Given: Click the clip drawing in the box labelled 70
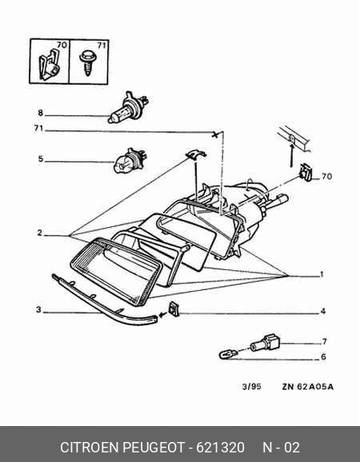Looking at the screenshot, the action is tap(49, 66).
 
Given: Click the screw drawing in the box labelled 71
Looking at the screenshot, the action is tap(86, 62).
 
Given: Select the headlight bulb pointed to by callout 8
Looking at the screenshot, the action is tap(128, 108).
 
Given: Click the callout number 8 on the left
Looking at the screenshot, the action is tap(40, 113).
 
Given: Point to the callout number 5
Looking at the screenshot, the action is tap(40, 159).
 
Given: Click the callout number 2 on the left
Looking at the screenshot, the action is tap(40, 233).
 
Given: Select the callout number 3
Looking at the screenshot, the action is tap(38, 309).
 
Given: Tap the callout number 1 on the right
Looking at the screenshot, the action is tap(322, 274).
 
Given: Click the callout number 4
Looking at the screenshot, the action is tap(323, 311).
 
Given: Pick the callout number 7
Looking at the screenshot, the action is tap(324, 341).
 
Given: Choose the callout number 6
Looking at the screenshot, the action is tap(323, 356).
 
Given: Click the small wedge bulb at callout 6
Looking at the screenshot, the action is tap(228, 353).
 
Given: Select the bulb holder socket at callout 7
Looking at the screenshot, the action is tap(265, 343).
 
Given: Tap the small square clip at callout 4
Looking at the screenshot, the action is tap(174, 309).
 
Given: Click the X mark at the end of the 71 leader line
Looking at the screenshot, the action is tap(215, 134).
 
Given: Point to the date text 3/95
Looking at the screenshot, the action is tap(251, 386).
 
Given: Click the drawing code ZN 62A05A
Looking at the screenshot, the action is tap(308, 387).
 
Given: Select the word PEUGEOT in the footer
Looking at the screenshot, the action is tap(153, 448).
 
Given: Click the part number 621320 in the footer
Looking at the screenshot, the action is tap(220, 448).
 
